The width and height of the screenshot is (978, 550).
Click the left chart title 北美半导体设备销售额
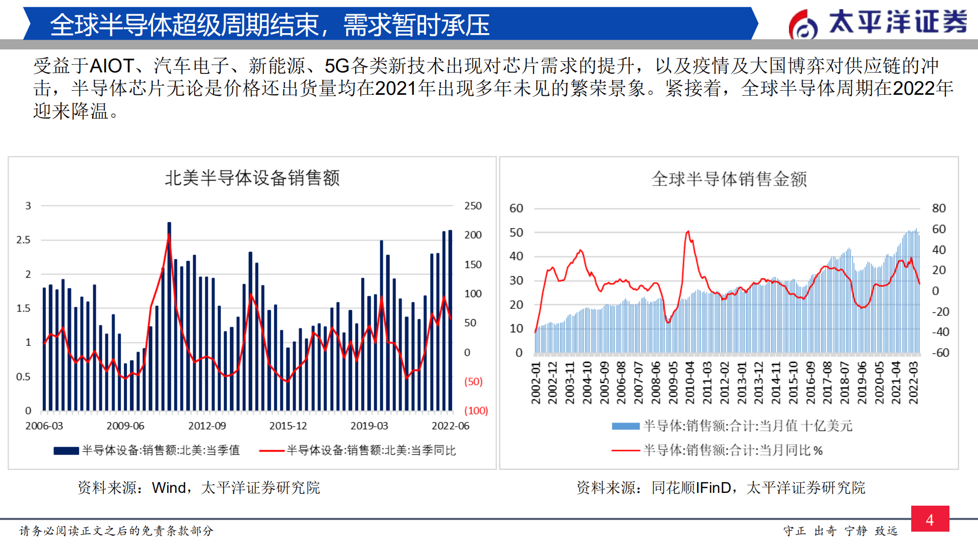tap(252, 178)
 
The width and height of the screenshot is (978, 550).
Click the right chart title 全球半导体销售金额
tap(729, 179)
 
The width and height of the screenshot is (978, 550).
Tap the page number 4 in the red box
tap(930, 519)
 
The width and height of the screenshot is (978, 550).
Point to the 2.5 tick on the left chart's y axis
tap(23, 240)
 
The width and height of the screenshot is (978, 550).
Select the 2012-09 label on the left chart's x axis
tap(207, 426)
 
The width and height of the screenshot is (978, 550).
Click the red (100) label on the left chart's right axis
tap(476, 410)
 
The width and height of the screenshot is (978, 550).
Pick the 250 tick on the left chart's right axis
tap(473, 206)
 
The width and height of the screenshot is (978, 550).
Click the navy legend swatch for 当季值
tap(66, 451)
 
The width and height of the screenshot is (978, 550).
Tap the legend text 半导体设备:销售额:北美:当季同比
tap(371, 451)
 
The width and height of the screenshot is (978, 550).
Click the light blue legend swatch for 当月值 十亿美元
tap(625, 426)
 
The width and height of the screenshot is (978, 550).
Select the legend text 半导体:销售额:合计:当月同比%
tap(733, 451)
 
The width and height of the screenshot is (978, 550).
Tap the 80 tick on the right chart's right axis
tap(939, 208)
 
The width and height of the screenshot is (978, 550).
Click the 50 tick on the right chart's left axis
tap(516, 232)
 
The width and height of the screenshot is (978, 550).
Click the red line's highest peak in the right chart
tap(688, 232)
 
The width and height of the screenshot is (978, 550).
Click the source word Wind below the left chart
tap(169, 488)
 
